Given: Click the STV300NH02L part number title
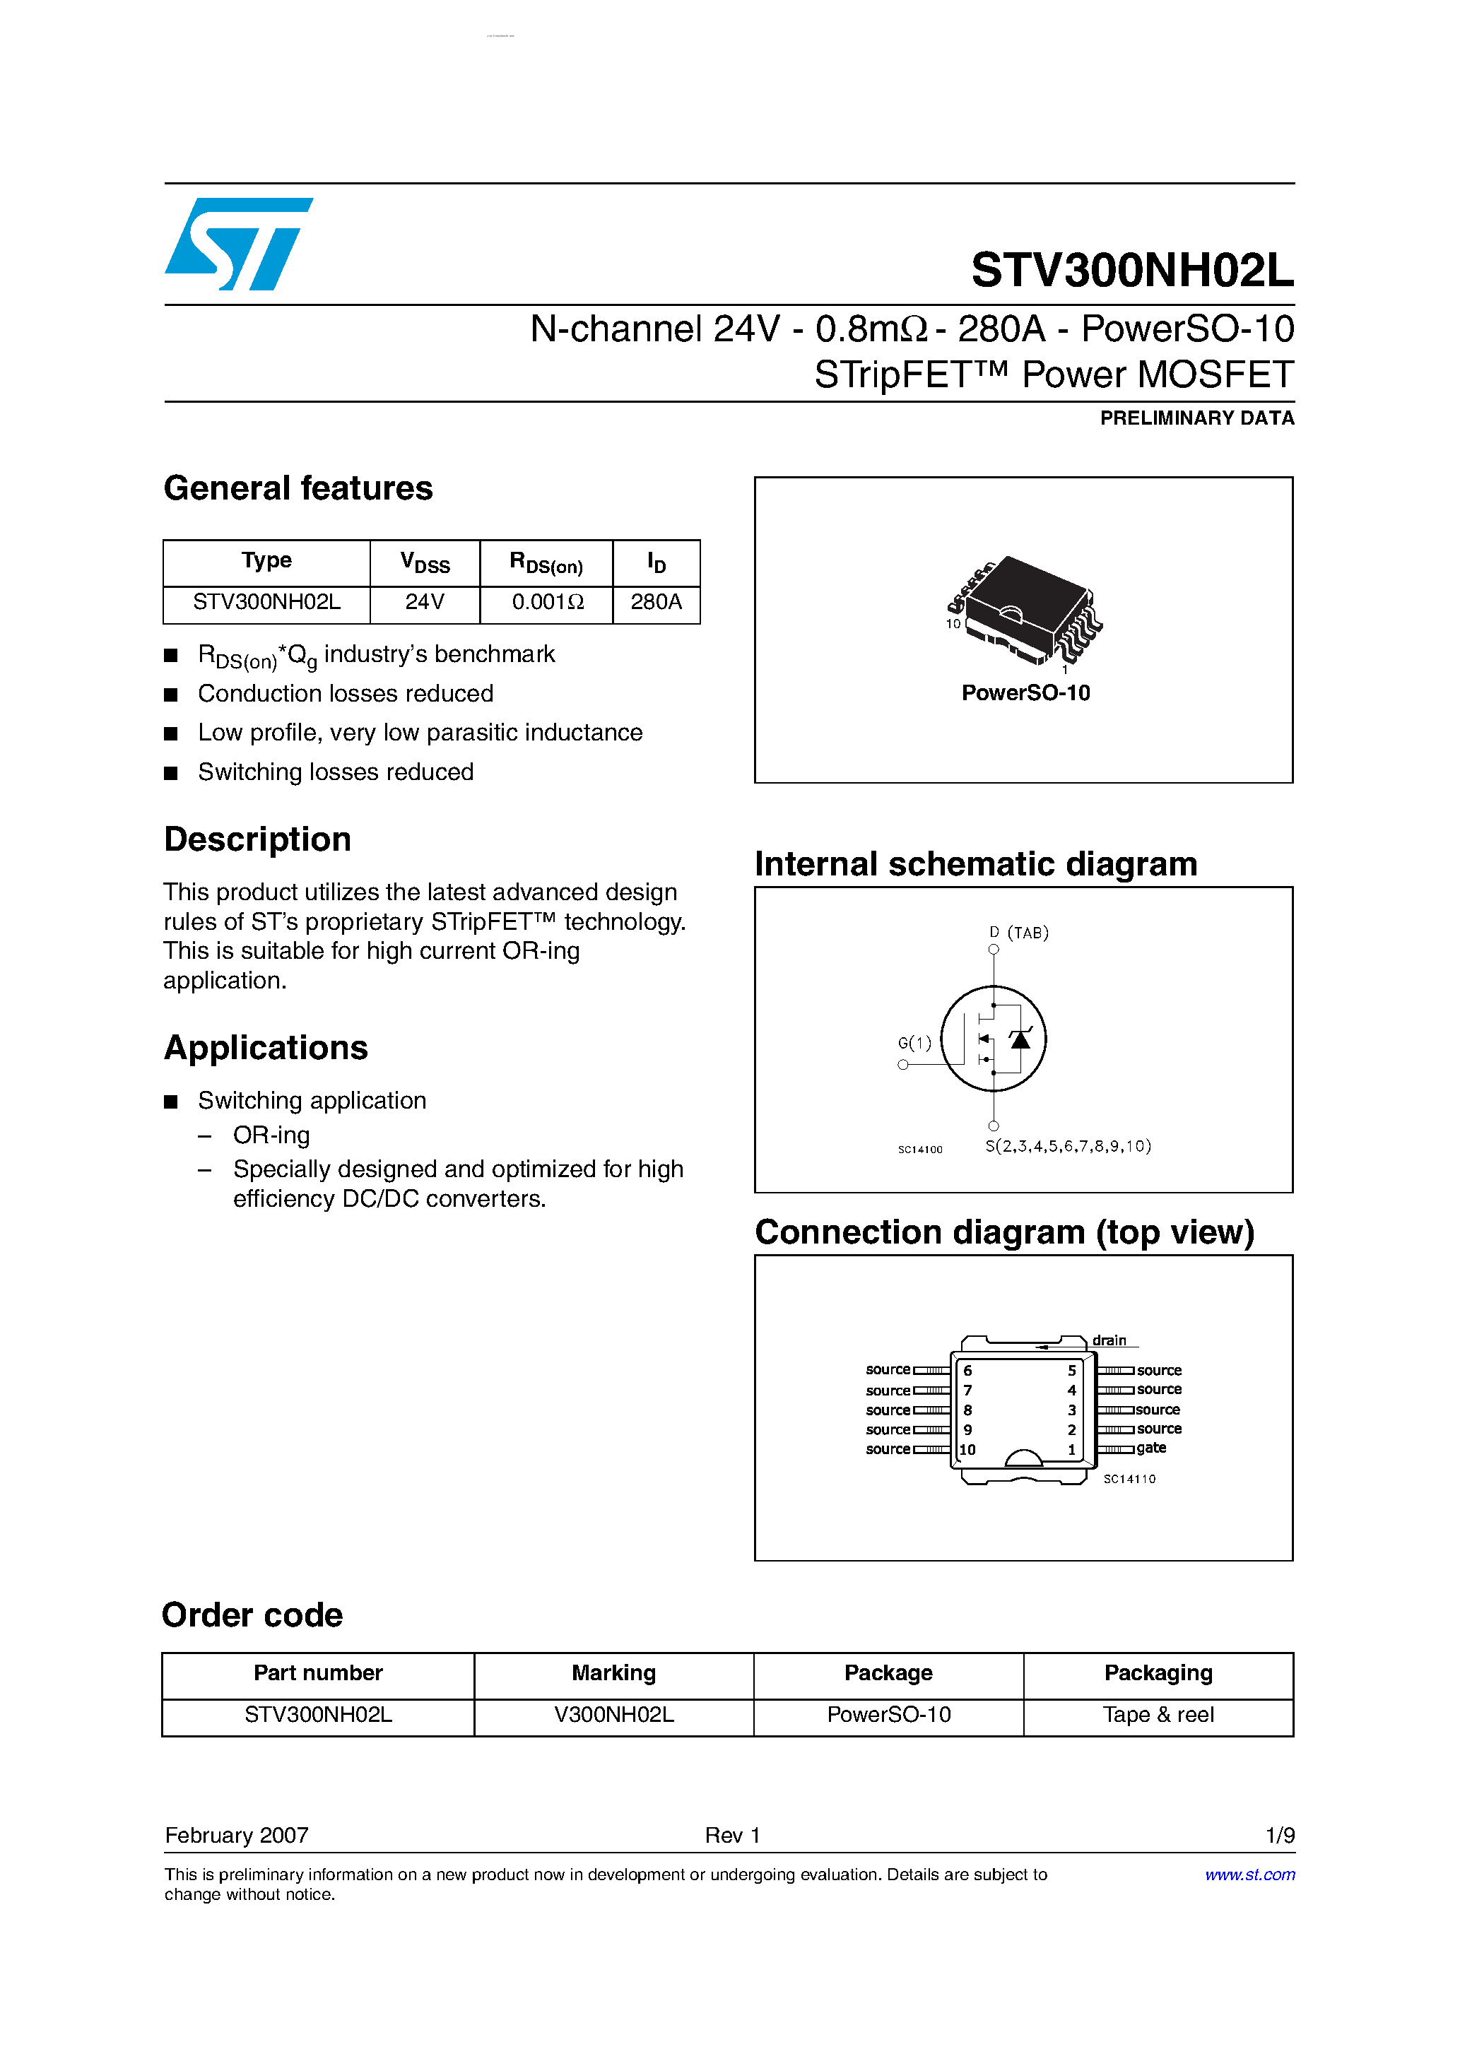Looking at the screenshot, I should pyautogui.click(x=1131, y=270).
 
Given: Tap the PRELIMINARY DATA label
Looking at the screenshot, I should pyautogui.click(x=1196, y=418).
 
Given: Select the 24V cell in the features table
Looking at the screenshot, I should pyautogui.click(x=424, y=602).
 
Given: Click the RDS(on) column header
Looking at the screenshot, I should pyautogui.click(x=546, y=564).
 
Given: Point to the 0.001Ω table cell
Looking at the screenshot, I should pyautogui.click(x=547, y=602).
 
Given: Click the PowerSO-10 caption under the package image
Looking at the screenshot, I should pyautogui.click(x=1025, y=693).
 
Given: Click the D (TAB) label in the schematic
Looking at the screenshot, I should pyautogui.click(x=1019, y=933).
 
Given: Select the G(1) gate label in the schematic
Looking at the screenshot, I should pyautogui.click(x=914, y=1043).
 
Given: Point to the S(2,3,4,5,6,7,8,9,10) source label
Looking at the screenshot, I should pyautogui.click(x=1068, y=1146).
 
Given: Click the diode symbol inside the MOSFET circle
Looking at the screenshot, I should pyautogui.click(x=1020, y=1039).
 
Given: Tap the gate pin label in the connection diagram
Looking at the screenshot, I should pyautogui.click(x=1151, y=1448).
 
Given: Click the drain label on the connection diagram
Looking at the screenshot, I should pyautogui.click(x=1109, y=1341).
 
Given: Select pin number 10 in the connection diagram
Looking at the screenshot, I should pyautogui.click(x=967, y=1450).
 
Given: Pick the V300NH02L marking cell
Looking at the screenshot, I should pyautogui.click(x=614, y=1715).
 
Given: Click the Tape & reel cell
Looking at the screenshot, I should pyautogui.click(x=1158, y=1715).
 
